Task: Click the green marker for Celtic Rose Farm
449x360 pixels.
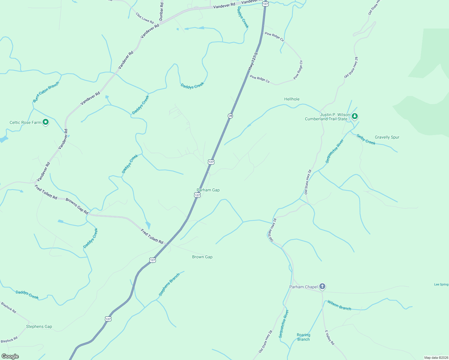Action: pyautogui.click(x=46, y=122)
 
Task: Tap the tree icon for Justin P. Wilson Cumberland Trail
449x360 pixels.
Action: pyautogui.click(x=355, y=116)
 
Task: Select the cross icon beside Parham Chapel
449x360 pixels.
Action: pyautogui.click(x=322, y=286)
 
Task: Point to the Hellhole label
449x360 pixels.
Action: pyautogui.click(x=292, y=99)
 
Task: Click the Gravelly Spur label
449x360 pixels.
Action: pyautogui.click(x=387, y=137)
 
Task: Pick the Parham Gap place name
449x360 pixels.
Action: pyautogui.click(x=208, y=190)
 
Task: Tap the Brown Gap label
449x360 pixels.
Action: pyautogui.click(x=202, y=257)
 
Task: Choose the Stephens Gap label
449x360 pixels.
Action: pyautogui.click(x=39, y=327)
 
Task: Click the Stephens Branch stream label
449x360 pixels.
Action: pyautogui.click(x=169, y=285)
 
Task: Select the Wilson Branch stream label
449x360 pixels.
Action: pyautogui.click(x=339, y=305)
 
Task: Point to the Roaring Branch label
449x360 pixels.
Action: pyautogui.click(x=303, y=337)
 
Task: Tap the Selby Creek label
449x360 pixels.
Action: pyautogui.click(x=366, y=139)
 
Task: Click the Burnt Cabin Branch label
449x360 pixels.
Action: pyautogui.click(x=46, y=92)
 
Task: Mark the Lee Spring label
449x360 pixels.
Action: pyautogui.click(x=441, y=284)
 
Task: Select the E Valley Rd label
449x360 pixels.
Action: pyautogui.click(x=330, y=337)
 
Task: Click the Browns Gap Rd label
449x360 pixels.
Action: pyautogui.click(x=77, y=206)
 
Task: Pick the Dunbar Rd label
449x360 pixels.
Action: pyautogui.click(x=161, y=11)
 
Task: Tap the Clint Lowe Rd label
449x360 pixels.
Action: pyautogui.click(x=144, y=18)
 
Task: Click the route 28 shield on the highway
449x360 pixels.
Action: pyautogui.click(x=230, y=116)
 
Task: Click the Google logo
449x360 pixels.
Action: pyautogui.click(x=10, y=356)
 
